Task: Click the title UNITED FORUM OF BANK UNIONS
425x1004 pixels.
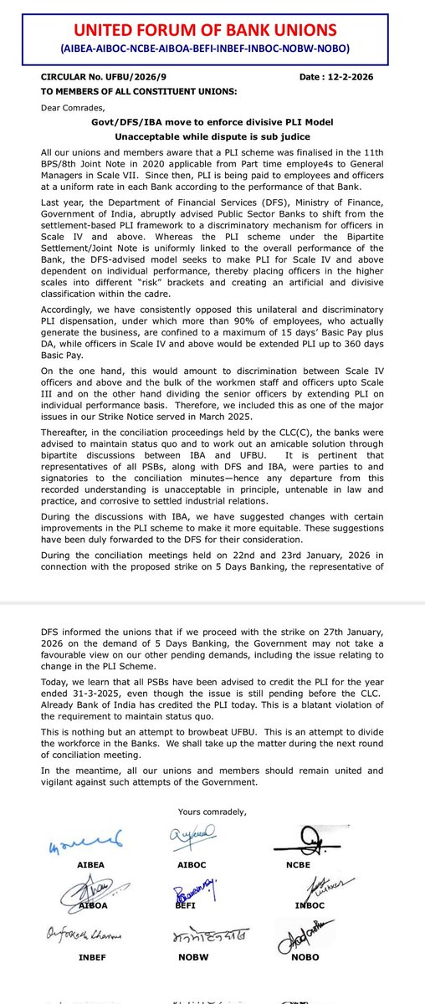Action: click(212, 31)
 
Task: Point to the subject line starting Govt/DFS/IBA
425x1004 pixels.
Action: click(212, 122)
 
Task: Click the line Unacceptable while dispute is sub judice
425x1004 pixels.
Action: click(212, 137)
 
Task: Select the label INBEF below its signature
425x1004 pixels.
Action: click(70, 981)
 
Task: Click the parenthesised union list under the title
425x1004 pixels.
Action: click(212, 49)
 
